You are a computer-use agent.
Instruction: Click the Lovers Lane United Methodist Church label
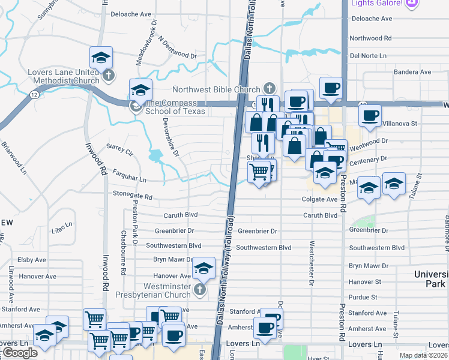click(x=64, y=76)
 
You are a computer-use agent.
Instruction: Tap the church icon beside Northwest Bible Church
click(x=270, y=89)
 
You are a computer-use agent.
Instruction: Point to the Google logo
click(x=20, y=353)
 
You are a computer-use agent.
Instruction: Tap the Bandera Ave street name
click(x=413, y=72)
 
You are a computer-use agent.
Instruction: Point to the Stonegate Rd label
click(x=133, y=196)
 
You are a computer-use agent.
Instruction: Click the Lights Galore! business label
click(x=376, y=3)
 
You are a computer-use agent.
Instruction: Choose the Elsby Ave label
click(x=32, y=260)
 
